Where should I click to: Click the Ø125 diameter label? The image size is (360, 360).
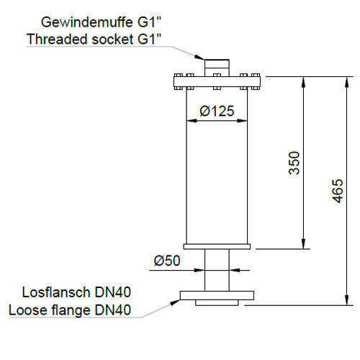click(x=217, y=111)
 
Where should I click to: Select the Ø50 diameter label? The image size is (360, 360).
click(x=167, y=261)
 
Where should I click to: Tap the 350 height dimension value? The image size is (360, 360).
click(x=294, y=163)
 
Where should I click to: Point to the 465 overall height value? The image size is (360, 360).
click(x=338, y=191)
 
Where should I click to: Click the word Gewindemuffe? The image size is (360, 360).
click(x=87, y=22)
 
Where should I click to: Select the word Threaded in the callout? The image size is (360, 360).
click(x=57, y=39)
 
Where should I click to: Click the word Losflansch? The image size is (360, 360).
click(x=56, y=292)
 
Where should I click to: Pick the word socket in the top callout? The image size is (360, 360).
click(x=112, y=39)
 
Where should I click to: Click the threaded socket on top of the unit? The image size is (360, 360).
click(x=217, y=68)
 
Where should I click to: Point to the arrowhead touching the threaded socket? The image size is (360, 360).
click(x=199, y=57)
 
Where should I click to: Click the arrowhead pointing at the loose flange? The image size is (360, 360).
click(x=175, y=302)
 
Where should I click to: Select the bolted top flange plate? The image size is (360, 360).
click(x=217, y=82)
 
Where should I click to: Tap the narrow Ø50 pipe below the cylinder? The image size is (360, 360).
click(x=217, y=270)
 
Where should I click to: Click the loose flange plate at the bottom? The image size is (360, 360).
click(x=217, y=295)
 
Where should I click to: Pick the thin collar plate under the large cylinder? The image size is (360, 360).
click(x=217, y=246)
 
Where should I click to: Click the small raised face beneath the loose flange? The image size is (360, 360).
click(x=217, y=302)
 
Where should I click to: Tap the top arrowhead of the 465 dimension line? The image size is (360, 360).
click(x=346, y=82)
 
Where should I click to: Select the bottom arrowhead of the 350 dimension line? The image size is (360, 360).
click(x=303, y=243)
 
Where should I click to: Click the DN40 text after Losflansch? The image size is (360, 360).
click(x=113, y=292)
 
